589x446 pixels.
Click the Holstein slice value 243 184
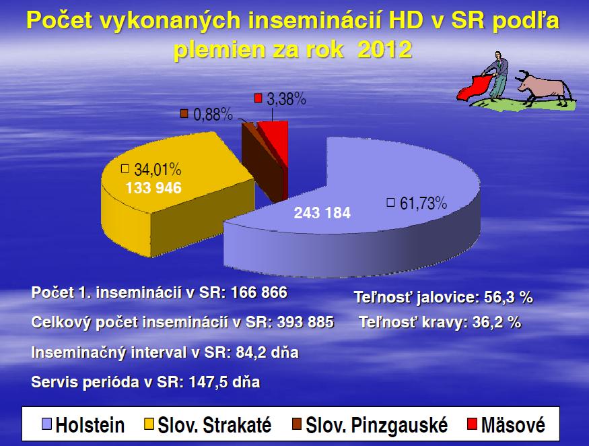[322, 213]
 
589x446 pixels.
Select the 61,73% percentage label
[423, 203]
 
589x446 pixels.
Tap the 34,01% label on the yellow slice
[158, 170]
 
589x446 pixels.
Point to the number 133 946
[153, 188]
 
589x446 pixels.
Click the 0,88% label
[213, 115]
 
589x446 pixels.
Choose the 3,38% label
[286, 99]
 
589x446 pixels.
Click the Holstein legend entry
[83, 425]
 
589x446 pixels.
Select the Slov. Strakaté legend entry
[208, 425]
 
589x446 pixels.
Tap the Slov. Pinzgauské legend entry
[370, 425]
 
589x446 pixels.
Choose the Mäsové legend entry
[506, 425]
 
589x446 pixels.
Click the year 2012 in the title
[384, 49]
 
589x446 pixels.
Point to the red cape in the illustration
[474, 88]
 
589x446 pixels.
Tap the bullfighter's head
[498, 55]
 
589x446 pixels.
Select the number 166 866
[259, 292]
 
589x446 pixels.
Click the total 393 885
[306, 322]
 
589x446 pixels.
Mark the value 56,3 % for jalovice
[508, 298]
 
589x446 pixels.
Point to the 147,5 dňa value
[224, 382]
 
